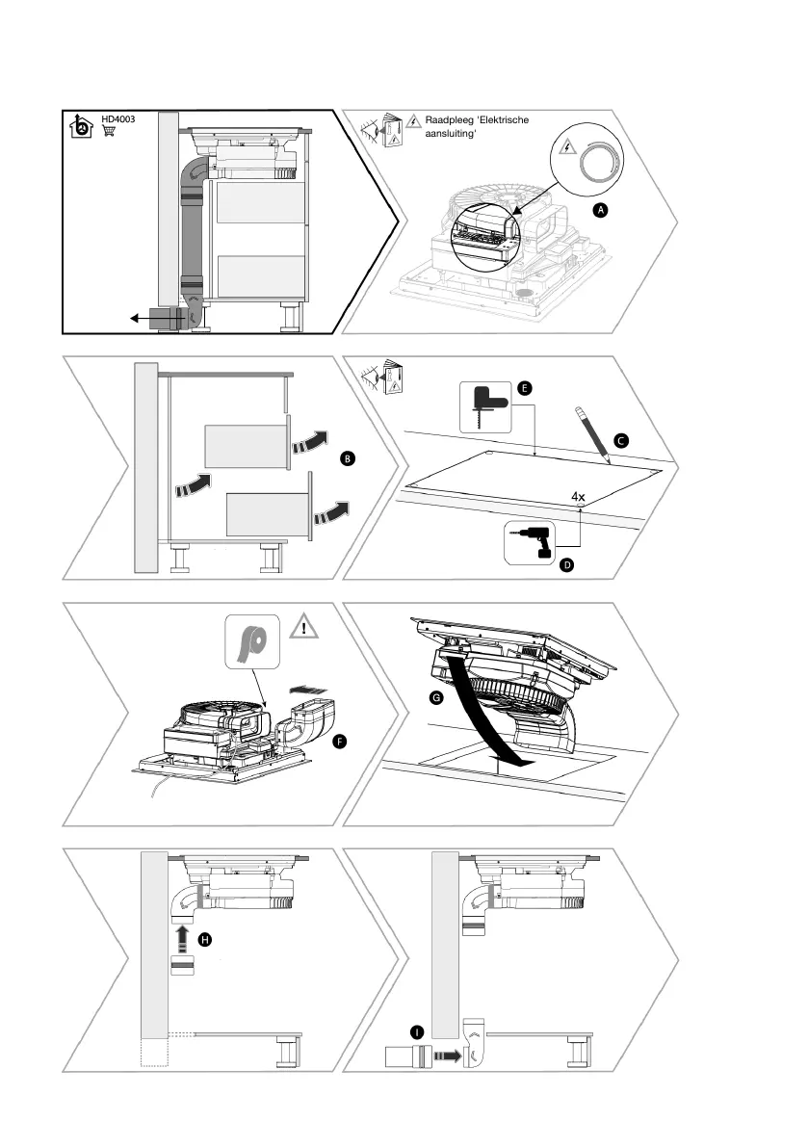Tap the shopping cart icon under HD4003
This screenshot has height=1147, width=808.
tap(109, 131)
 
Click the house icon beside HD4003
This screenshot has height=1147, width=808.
tap(82, 126)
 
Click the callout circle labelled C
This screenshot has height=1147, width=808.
tap(621, 440)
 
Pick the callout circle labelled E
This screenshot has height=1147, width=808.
tap(524, 388)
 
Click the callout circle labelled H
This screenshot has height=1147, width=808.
tap(204, 938)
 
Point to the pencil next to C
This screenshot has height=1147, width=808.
tap(594, 432)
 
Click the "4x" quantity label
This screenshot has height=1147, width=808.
tap(579, 497)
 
